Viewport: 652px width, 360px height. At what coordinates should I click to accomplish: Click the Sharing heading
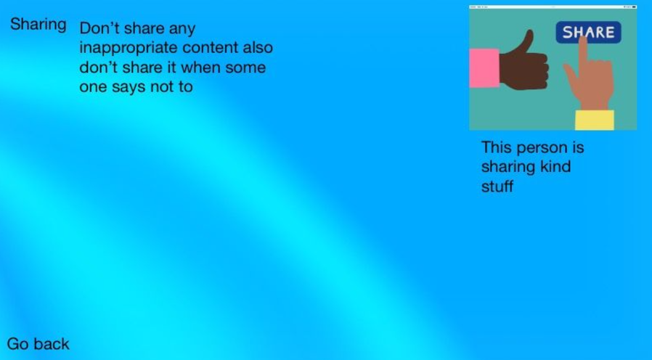[38, 25]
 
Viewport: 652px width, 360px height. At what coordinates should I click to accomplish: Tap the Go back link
[38, 344]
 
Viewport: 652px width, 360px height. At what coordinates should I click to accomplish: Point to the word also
[258, 47]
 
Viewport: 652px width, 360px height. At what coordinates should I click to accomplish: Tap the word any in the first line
[182, 29]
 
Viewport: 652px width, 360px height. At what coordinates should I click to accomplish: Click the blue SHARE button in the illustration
[588, 32]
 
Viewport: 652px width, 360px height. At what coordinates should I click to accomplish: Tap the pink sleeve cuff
[484, 68]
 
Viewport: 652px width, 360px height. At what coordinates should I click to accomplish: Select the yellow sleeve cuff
[595, 120]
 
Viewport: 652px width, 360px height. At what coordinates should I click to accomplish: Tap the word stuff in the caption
[497, 186]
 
